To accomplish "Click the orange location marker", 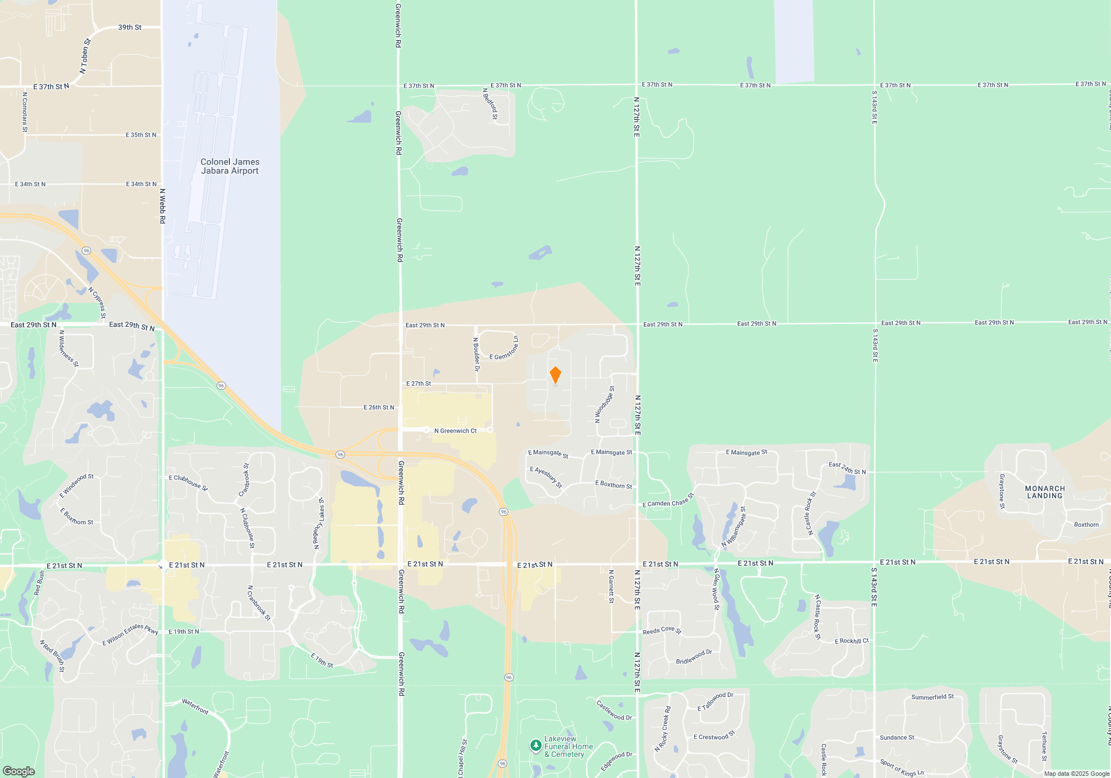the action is (x=555, y=375).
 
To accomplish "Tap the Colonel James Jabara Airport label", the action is (x=230, y=166).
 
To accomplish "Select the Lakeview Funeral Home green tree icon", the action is (x=536, y=746).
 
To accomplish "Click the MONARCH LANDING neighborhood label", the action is (x=1044, y=492).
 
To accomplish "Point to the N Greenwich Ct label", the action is (x=456, y=431).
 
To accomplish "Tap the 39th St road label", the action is (x=129, y=27).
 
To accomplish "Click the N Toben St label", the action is (x=85, y=56).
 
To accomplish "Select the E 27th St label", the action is (x=418, y=383).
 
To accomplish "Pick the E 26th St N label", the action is (x=379, y=407).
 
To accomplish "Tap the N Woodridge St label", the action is (x=604, y=405).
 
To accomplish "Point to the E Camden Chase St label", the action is (x=668, y=501).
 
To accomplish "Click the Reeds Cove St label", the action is (x=662, y=630).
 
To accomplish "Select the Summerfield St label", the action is (x=932, y=697).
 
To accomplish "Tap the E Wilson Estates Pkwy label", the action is (x=130, y=635).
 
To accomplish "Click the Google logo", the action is (x=19, y=771).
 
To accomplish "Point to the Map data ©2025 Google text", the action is (x=1076, y=774).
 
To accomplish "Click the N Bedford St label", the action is (x=490, y=104).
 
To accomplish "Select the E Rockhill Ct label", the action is (x=852, y=641).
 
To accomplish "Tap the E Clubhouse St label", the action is (x=188, y=482).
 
